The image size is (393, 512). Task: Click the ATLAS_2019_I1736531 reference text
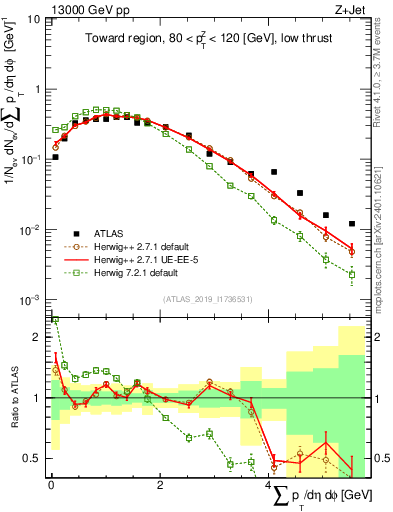point(206,299)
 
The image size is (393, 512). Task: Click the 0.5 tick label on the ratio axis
point(31,458)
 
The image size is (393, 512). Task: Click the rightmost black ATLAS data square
point(351,224)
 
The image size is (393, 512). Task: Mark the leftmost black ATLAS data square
point(56,157)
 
